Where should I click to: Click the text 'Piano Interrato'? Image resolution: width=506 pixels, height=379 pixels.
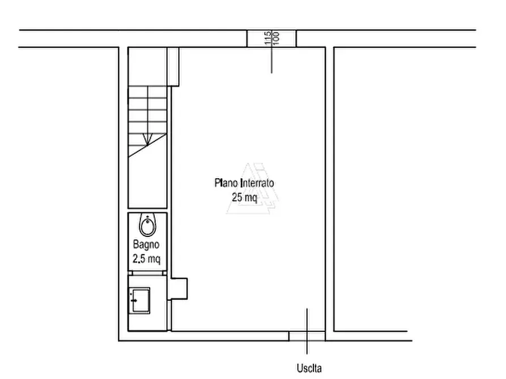[244, 183]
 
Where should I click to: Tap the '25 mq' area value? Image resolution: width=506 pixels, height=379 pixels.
[245, 197]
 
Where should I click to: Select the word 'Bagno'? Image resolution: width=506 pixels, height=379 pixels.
[146, 244]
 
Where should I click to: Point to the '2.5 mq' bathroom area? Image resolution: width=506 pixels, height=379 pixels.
[147, 259]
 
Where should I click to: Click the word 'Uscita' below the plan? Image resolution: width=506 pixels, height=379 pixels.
[309, 368]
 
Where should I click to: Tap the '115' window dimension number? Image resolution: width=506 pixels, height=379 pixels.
[267, 38]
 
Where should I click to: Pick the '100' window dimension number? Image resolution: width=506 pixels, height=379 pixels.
[276, 38]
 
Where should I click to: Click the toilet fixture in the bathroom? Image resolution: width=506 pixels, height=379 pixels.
[148, 225]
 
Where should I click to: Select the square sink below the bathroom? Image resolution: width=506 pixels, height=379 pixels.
[140, 301]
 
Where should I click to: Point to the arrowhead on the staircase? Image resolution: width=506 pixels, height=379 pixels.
[147, 140]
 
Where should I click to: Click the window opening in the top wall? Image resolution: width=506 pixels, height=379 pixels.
[271, 38]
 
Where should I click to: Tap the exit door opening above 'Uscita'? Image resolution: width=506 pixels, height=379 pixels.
[307, 336]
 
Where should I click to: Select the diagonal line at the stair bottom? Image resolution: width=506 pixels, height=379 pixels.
[147, 145]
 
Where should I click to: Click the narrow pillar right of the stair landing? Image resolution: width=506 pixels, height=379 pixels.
[173, 67]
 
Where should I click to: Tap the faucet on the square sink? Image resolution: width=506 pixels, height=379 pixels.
[133, 300]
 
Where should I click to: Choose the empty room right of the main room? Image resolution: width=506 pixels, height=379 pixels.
[371, 189]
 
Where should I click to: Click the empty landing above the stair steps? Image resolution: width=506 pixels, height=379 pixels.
[147, 67]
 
